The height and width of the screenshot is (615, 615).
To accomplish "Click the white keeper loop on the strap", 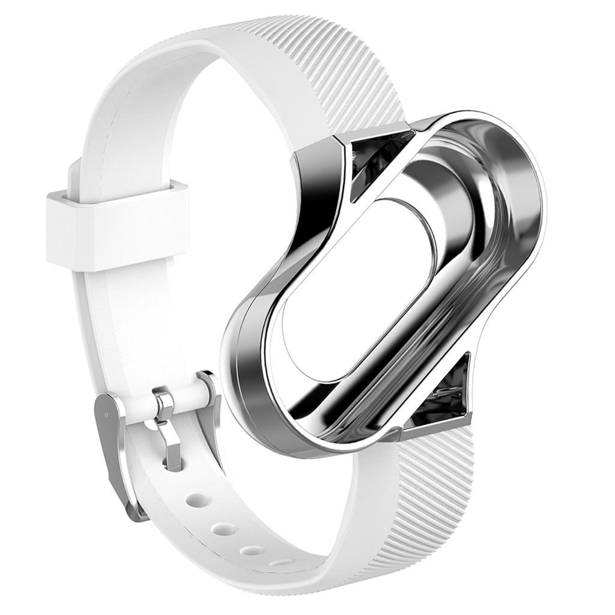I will click(117, 225).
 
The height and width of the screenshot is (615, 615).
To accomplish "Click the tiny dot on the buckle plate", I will click(106, 414).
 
